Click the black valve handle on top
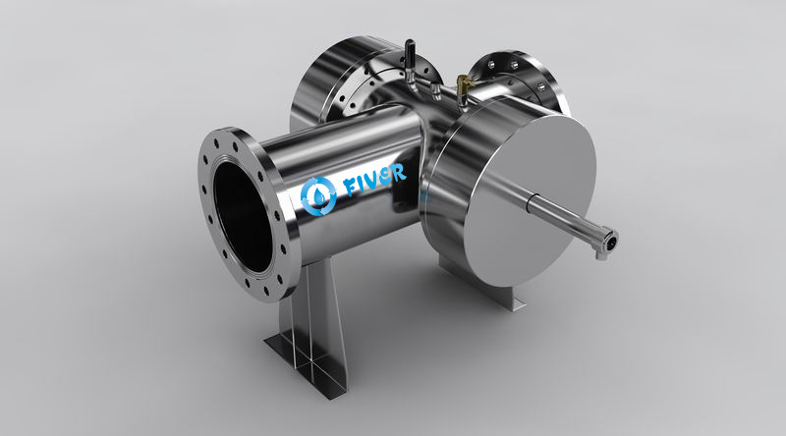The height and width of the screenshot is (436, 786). point(410,52)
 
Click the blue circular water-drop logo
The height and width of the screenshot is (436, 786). point(318,196)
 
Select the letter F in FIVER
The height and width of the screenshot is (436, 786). point(352,187)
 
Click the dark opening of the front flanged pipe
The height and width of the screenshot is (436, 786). point(243,216)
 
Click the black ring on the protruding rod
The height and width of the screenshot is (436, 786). point(531,202)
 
